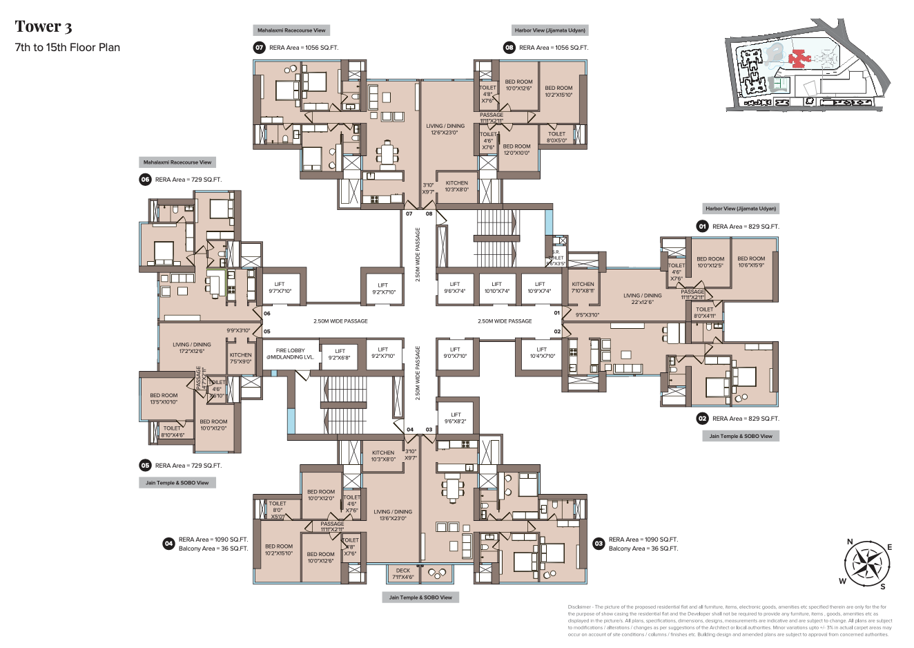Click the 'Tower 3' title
pos(43,27)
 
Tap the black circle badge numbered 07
pos(260,48)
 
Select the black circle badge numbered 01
pos(702,227)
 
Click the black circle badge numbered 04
pos(168,544)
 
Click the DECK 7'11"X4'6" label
pos(403,574)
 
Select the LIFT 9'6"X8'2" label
pos(456,418)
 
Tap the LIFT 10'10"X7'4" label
pos(497,287)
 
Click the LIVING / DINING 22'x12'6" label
pos(642,298)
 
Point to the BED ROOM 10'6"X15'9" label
pos(751,262)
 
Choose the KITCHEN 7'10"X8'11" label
pos(583,287)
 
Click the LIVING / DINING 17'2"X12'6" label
pos(192,347)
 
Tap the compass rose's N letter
pos(850,542)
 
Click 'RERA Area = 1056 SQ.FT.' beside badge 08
pos(554,48)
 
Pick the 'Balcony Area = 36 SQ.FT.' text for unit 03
pos(643,549)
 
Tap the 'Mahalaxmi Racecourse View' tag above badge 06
pos(177,162)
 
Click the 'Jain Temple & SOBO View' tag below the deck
pos(420,598)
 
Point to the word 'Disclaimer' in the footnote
pos(579,607)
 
